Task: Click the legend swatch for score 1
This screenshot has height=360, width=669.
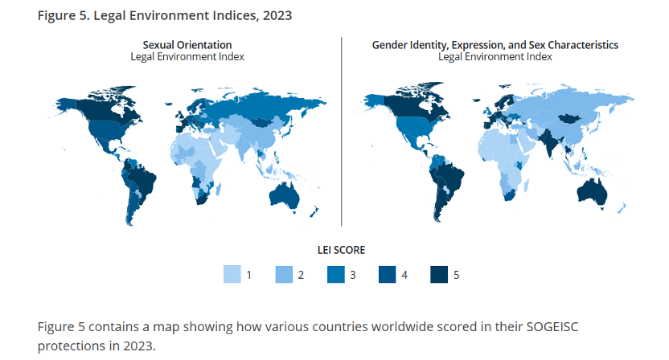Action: [x=232, y=275]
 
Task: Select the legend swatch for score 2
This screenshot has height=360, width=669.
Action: [x=284, y=275]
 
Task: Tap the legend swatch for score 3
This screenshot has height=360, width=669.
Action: [x=335, y=275]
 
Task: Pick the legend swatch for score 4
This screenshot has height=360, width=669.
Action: [x=388, y=275]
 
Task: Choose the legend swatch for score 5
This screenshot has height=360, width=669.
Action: [x=439, y=275]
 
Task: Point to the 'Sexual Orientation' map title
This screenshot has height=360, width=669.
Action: [x=187, y=45]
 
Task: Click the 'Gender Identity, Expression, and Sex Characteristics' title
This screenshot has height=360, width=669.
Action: [x=495, y=45]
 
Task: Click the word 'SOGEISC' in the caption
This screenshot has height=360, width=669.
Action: [x=551, y=328]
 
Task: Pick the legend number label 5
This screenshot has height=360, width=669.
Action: [x=456, y=275]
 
